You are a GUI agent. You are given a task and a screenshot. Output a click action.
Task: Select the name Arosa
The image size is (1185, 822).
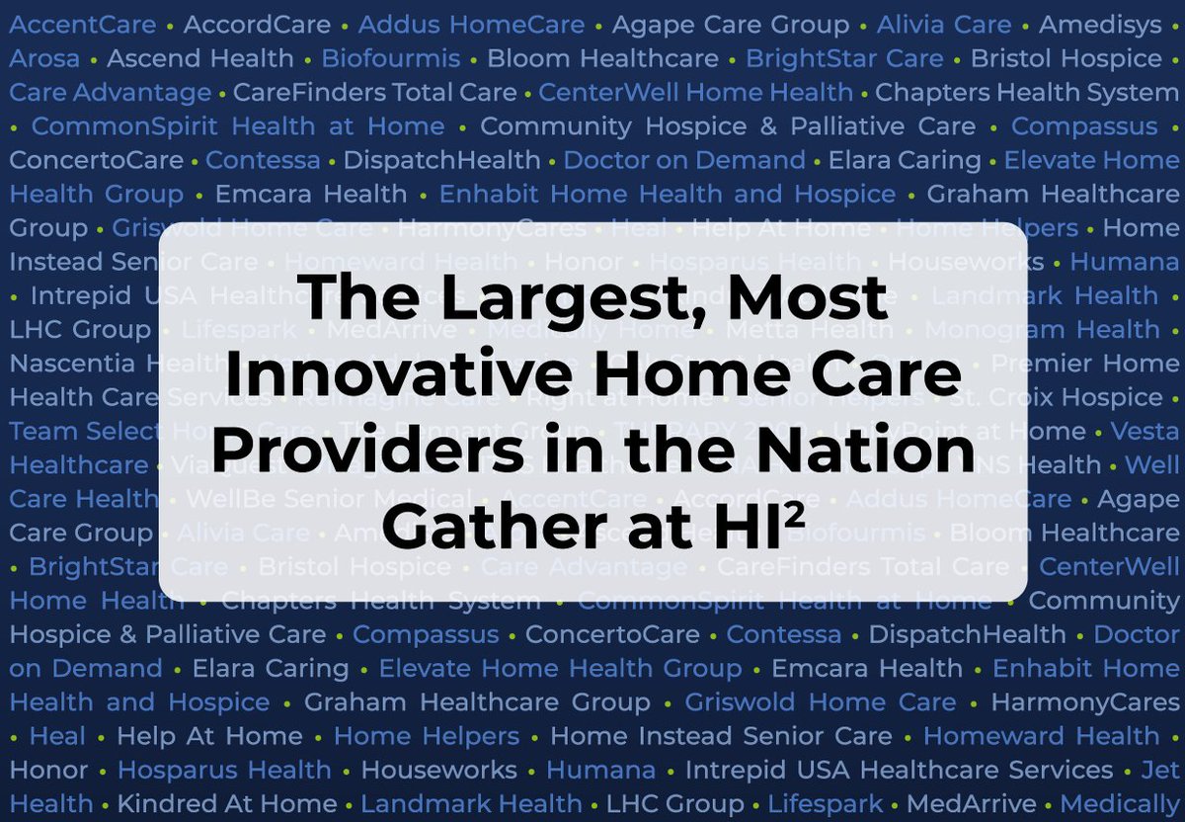[44, 59]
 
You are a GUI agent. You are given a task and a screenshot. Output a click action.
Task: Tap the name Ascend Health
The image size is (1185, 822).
[200, 59]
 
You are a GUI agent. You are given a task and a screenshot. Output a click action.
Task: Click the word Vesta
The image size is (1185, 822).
[1145, 431]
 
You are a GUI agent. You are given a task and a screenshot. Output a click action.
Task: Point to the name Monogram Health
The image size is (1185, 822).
[1042, 329]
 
